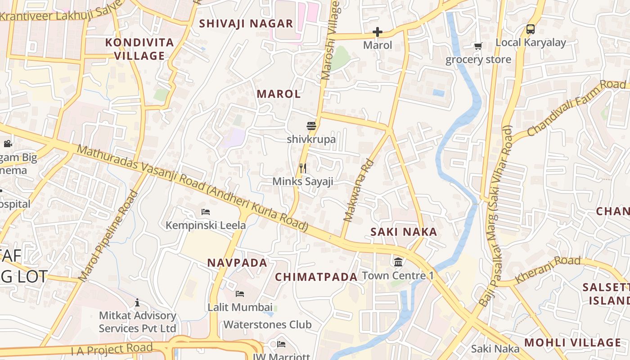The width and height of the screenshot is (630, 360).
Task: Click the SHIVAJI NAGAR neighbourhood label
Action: click(246, 23)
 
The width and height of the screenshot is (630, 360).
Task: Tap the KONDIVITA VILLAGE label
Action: click(139, 49)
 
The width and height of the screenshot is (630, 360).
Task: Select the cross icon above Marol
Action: click(378, 32)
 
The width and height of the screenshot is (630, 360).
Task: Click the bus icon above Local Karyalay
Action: click(531, 29)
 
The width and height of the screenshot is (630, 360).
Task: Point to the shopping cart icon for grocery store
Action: click(478, 46)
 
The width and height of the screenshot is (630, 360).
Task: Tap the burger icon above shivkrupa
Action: click(311, 126)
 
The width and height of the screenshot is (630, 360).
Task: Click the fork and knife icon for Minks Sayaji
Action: click(303, 168)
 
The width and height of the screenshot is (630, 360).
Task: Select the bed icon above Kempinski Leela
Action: click(206, 211)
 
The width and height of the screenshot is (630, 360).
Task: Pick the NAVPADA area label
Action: click(237, 263)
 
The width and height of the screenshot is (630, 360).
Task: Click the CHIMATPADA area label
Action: click(316, 277)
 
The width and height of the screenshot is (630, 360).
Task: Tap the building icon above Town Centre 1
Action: click(398, 262)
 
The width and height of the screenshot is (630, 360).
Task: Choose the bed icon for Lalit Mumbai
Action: click(240, 294)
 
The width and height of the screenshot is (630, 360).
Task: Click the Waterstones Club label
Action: click(267, 324)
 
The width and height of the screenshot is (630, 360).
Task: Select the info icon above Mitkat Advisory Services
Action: click(137, 302)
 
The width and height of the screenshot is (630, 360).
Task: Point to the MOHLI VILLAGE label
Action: click(572, 342)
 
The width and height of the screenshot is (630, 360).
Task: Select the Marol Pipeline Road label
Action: click(108, 236)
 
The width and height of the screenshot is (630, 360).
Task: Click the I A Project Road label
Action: click(112, 349)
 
